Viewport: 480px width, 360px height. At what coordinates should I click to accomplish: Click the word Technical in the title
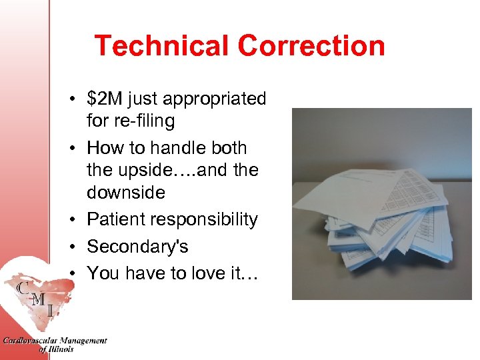click(x=162, y=46)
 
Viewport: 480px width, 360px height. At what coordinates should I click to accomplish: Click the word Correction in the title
click(x=311, y=46)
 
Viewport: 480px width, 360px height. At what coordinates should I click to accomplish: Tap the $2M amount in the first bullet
click(x=104, y=99)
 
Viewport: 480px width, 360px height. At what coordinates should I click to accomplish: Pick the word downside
click(x=125, y=193)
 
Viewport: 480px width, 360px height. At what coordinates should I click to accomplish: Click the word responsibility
click(x=206, y=220)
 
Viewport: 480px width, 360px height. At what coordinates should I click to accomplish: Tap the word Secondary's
click(x=137, y=247)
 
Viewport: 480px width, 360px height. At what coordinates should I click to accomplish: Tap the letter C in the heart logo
click(x=23, y=289)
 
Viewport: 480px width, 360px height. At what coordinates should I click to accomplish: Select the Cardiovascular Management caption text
click(x=55, y=341)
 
